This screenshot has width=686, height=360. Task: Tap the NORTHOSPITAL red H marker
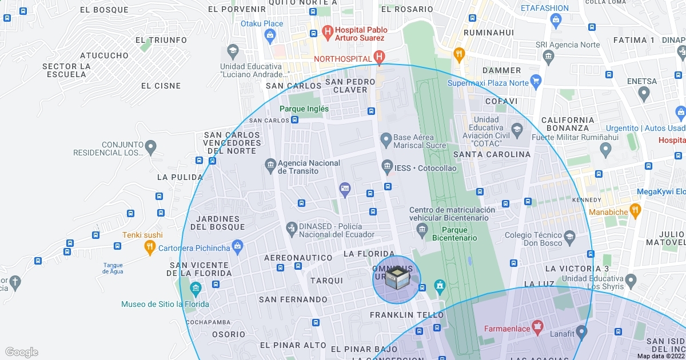click(x=378, y=57)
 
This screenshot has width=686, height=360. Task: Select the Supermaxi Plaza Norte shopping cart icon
click(x=535, y=81)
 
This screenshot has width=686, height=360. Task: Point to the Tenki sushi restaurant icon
click(x=149, y=247)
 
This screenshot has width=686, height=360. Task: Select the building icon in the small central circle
click(x=397, y=279)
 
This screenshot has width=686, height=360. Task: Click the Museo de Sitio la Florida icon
click(x=196, y=290)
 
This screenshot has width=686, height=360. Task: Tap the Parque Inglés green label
click(x=304, y=109)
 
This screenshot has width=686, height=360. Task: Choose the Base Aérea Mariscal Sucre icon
click(x=386, y=139)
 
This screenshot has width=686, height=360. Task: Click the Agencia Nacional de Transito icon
click(x=271, y=166)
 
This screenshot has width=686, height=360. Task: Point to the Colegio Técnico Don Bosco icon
click(x=569, y=236)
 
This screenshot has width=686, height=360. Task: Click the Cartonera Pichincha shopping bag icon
click(x=238, y=247)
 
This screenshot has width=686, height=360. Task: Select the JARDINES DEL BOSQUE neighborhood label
click(x=217, y=223)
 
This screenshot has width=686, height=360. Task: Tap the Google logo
click(x=21, y=352)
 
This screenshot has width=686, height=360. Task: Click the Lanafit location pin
click(x=581, y=331)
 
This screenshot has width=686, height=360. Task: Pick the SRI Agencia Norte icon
click(x=548, y=56)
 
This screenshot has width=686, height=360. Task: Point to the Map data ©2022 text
click(x=660, y=356)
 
